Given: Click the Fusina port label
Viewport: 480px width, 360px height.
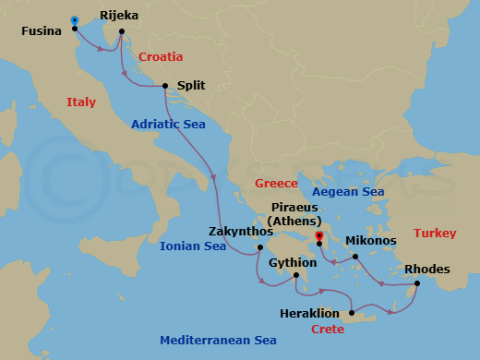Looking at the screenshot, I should pos(42,31).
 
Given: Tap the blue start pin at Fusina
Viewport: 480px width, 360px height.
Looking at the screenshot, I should pos(74,20).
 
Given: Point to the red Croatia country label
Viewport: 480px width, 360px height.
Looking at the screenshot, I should pos(161,57).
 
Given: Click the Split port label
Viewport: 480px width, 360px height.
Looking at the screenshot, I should pos(190,86).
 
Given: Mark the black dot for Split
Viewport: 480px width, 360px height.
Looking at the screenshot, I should pos(165,87).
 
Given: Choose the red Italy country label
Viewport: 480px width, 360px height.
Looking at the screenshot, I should pos(81,102).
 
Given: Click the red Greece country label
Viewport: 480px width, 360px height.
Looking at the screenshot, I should pos(276,184).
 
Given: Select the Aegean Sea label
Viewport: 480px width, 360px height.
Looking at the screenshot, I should pos(347,192).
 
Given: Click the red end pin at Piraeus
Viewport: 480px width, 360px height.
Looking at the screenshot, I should pos(319,237).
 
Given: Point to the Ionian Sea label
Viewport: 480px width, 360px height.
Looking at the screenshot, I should pos(192,246).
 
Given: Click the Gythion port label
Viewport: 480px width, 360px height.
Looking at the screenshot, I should pos(293,262).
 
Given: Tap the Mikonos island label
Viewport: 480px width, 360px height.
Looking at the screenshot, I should pos(372,241).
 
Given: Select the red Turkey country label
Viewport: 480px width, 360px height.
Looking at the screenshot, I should pos(434,234).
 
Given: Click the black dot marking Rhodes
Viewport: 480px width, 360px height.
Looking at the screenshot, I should pos(416,283).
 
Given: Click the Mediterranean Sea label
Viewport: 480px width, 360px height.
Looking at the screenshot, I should pos(218,341).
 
